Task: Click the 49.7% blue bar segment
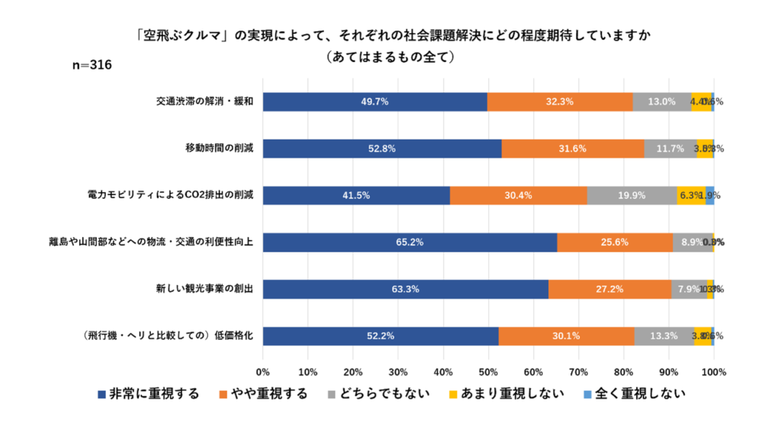(375, 101)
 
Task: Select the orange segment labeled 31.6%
(573, 149)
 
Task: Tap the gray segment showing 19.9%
(632, 195)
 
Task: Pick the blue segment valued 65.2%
(410, 242)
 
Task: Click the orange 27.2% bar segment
(609, 290)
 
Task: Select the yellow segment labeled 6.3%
(690, 195)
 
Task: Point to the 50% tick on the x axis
(488, 371)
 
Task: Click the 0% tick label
(263, 371)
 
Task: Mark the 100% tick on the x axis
(713, 371)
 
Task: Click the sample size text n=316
(92, 66)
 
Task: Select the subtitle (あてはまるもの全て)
(390, 56)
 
